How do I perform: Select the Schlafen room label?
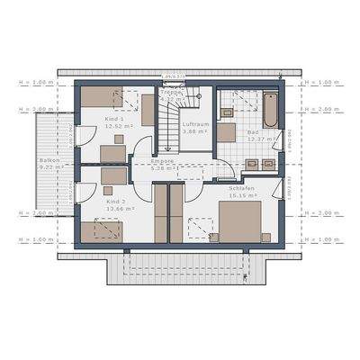tap(241, 188)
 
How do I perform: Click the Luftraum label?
tap(195, 123)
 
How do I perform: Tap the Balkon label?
tap(49, 159)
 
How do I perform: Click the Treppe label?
tap(171, 92)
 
